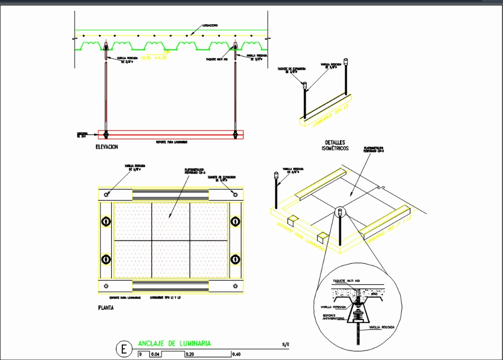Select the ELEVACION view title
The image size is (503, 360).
click(x=107, y=147)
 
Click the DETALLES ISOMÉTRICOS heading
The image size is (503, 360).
click(x=335, y=146)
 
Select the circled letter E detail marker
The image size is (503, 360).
click(x=124, y=349)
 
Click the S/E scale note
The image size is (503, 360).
click(x=286, y=345)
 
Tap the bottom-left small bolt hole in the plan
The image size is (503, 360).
click(x=106, y=286)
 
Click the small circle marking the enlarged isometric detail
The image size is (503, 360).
click(x=339, y=213)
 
